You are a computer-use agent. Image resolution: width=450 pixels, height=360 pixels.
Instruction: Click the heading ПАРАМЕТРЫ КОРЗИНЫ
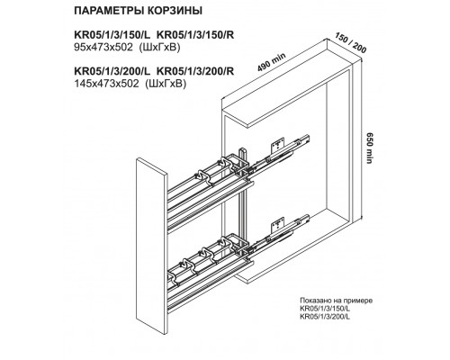coord(138,11)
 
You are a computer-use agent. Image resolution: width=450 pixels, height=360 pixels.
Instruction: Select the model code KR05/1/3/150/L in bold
coord(112,35)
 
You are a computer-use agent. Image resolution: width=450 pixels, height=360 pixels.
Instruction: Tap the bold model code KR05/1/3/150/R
coord(195,35)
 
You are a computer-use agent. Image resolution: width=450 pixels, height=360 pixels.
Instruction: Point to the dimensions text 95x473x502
coord(103,48)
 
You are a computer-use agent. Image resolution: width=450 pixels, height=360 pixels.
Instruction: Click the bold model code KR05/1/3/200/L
coord(112,71)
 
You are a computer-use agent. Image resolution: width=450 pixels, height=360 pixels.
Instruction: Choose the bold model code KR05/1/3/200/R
coord(195,71)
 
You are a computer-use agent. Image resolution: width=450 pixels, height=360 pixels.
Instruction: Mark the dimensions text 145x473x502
coord(106,84)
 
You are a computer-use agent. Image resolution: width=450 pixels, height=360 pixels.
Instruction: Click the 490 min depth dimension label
coord(272,62)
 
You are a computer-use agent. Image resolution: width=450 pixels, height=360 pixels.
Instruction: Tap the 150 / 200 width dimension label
coord(350,44)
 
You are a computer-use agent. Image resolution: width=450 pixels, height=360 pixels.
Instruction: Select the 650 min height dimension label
coord(369,148)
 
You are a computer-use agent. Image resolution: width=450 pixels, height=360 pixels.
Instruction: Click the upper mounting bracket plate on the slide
coord(278,146)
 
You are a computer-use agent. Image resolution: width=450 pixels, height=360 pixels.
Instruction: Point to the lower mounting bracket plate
coord(278,225)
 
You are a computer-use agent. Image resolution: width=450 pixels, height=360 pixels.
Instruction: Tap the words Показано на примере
coord(336,301)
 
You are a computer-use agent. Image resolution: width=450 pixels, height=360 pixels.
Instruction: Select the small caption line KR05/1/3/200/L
coord(325,316)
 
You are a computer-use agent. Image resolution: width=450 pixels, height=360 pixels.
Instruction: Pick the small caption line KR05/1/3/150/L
coord(325,309)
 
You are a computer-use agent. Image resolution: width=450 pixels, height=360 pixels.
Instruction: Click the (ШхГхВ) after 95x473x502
coord(160,48)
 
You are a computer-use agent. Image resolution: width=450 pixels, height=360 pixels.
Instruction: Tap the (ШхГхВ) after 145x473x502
coord(166,84)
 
